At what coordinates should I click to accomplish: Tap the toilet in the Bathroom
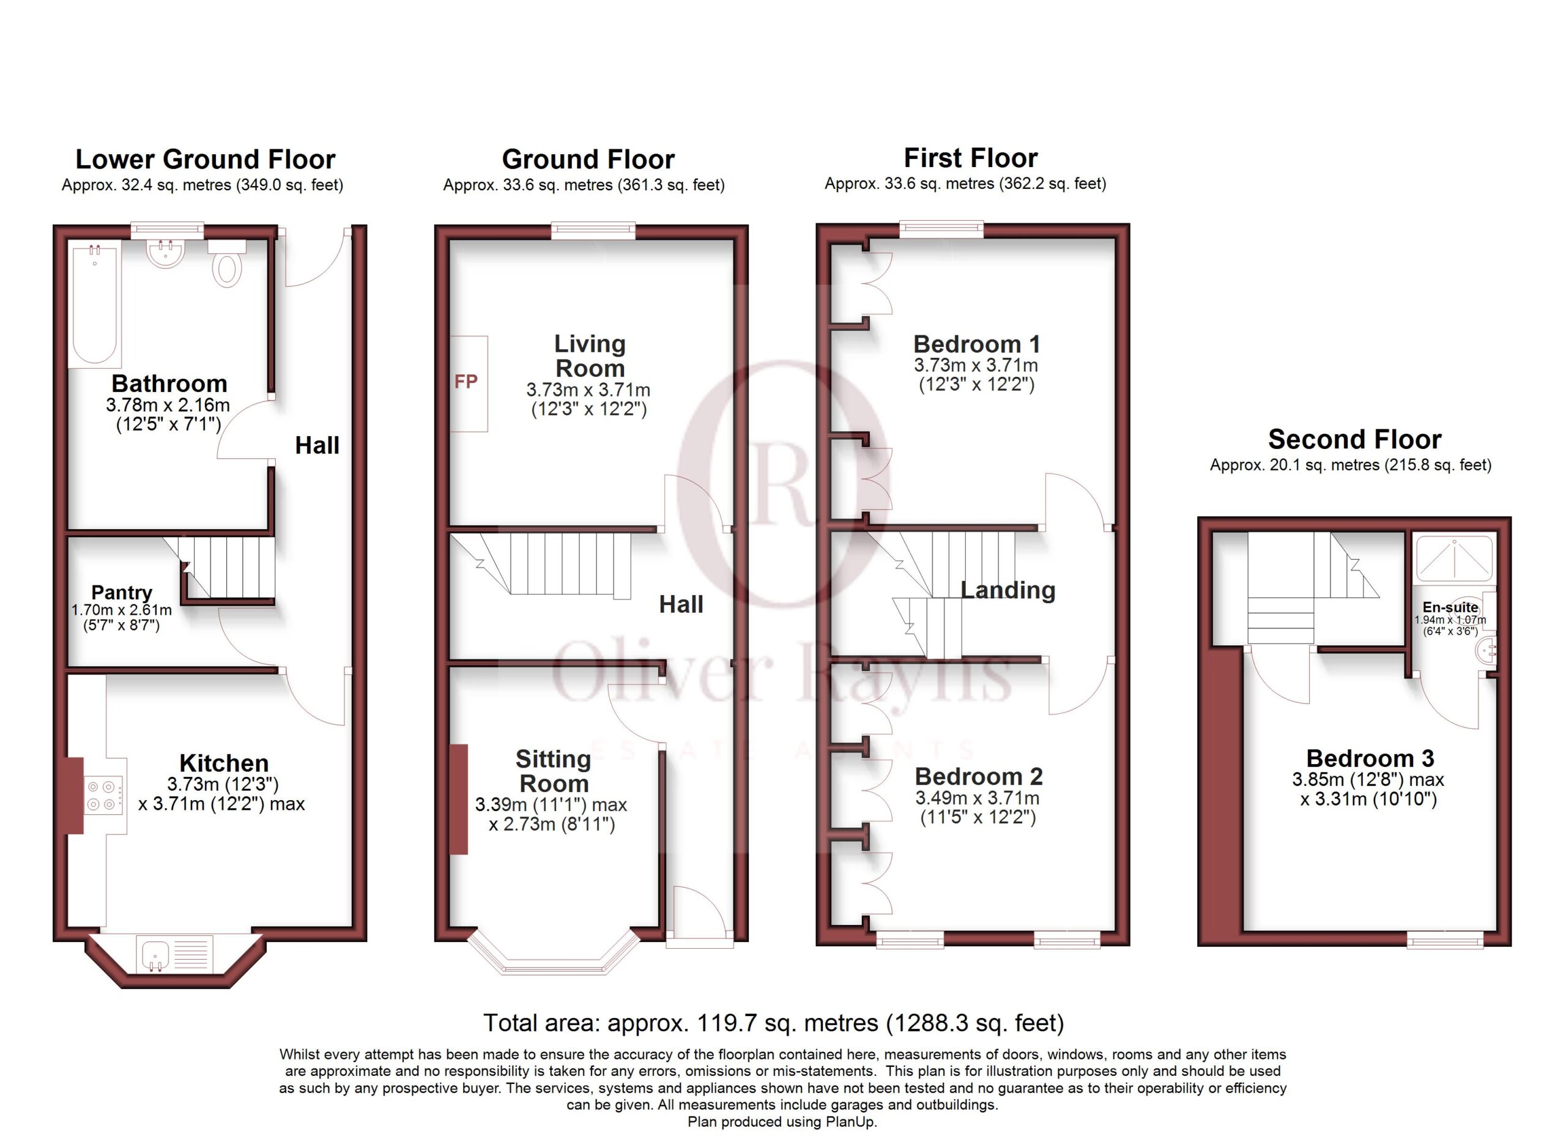click(x=226, y=263)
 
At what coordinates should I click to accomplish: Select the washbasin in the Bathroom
click(x=165, y=253)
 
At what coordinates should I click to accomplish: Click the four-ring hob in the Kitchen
click(x=103, y=795)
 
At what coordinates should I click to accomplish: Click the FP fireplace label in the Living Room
click(x=466, y=382)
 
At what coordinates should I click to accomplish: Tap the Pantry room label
click(x=122, y=592)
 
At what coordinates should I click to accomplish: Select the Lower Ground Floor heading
click(x=205, y=160)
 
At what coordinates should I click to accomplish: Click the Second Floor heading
click(x=1355, y=439)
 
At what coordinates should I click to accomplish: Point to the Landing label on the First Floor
click(x=1008, y=590)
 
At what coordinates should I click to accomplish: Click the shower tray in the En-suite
click(x=1454, y=558)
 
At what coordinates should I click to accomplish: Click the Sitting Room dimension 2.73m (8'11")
click(x=552, y=824)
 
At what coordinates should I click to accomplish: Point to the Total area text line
click(x=773, y=1022)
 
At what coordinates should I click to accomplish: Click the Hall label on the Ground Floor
click(x=681, y=605)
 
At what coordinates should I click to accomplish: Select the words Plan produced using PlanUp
click(x=782, y=1122)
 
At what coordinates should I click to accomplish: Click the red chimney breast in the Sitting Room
click(x=458, y=800)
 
